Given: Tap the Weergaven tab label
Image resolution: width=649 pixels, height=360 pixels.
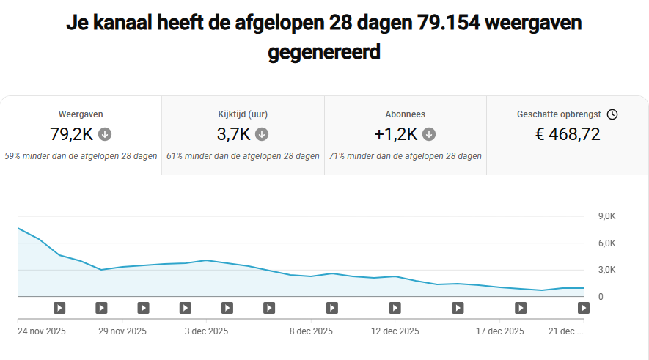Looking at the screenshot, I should (x=81, y=114).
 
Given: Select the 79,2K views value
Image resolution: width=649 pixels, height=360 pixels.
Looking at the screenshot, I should (x=73, y=134).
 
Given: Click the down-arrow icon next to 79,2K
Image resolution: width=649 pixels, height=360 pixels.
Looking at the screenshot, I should (x=105, y=134).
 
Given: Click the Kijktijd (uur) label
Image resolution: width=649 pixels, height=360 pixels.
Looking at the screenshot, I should (x=243, y=114).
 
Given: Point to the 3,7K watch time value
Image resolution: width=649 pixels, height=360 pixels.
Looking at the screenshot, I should (x=233, y=134).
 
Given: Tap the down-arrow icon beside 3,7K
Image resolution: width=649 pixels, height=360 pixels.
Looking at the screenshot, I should (x=262, y=134).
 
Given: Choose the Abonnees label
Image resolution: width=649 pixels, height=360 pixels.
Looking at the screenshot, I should (x=405, y=114).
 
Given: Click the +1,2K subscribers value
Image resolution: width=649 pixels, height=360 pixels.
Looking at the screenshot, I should (x=395, y=134).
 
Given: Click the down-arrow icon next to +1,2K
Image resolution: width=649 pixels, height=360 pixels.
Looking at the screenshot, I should (x=429, y=134).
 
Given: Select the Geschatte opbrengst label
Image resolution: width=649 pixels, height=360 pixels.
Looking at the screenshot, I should (x=559, y=114).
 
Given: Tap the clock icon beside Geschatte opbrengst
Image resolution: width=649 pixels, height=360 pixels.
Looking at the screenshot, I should (x=612, y=114).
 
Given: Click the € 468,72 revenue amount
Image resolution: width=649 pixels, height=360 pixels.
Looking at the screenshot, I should (x=568, y=134).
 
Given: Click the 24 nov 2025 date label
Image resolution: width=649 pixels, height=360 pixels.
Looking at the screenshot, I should (x=42, y=331).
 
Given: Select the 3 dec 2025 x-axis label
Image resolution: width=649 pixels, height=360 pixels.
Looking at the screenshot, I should (x=206, y=331).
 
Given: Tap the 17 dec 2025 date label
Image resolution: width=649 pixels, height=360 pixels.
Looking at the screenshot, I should (x=500, y=331).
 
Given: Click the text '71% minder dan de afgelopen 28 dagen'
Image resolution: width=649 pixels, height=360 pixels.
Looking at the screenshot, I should (x=405, y=156).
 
